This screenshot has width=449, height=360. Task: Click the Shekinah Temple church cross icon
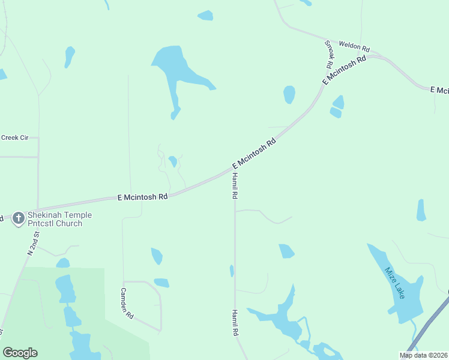[19, 218]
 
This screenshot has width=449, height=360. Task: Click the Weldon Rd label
[354, 46]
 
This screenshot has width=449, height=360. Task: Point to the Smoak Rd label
[329, 54]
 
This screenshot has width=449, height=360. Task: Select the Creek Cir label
[15, 137]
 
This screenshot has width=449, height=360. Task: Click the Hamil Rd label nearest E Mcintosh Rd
[235, 185]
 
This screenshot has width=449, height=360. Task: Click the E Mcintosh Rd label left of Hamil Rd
[142, 196]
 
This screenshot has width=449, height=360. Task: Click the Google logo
[20, 353]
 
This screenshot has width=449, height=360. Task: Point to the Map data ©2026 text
[423, 355]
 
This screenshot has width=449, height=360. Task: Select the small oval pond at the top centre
[205, 16]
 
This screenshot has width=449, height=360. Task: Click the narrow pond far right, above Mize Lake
[421, 210]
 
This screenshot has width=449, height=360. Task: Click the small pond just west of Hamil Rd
[232, 271]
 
